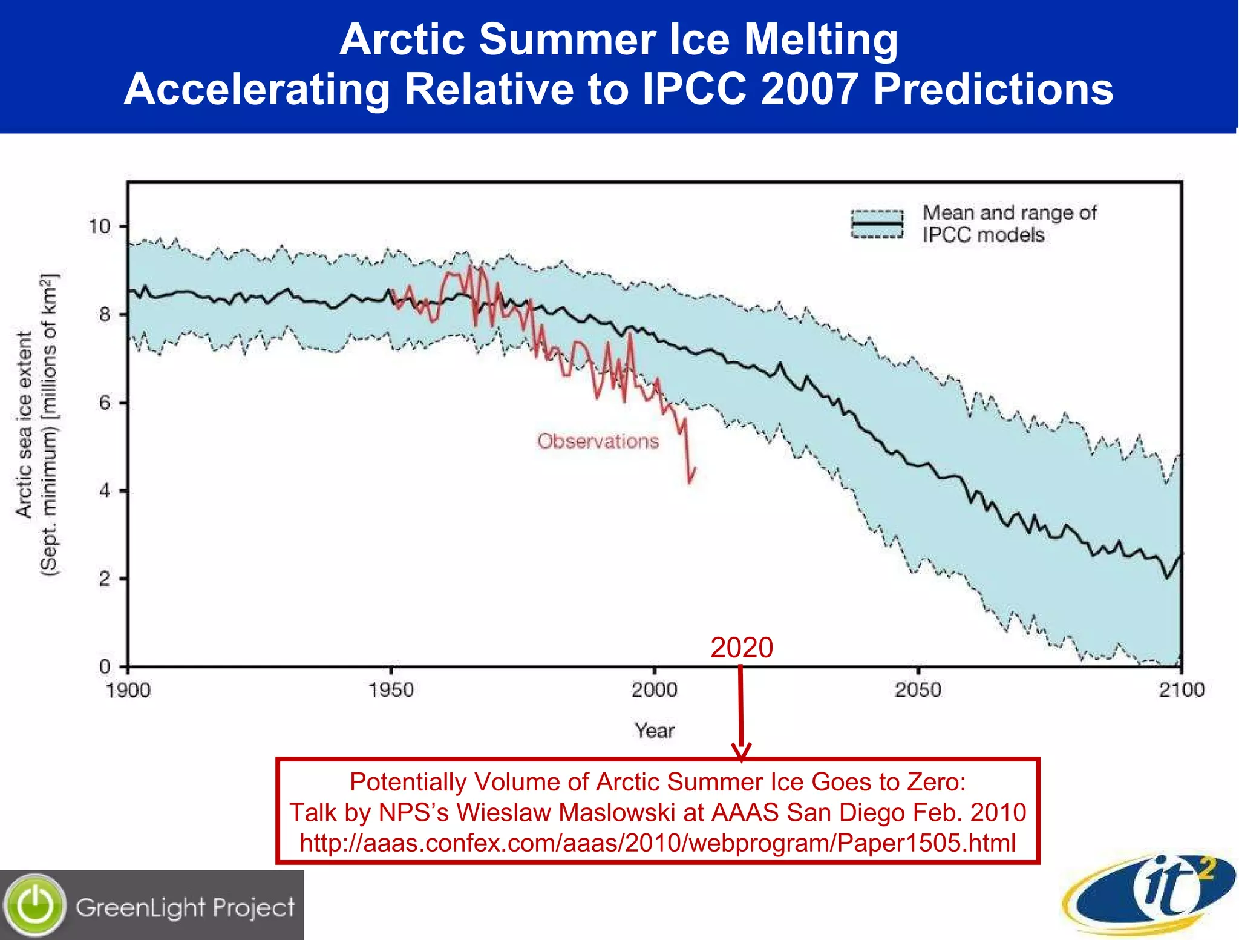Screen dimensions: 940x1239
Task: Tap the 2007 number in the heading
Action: (x=808, y=89)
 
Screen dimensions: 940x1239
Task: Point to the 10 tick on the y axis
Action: (x=100, y=226)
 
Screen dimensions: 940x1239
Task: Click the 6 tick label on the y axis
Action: (x=105, y=403)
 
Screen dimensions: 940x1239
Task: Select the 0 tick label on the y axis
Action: (x=105, y=666)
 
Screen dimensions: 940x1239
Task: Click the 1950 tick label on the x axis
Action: (x=391, y=690)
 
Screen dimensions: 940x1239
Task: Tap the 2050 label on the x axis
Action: (x=918, y=690)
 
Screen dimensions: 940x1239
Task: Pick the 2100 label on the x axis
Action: (x=1181, y=690)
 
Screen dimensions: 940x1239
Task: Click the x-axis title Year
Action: (x=654, y=731)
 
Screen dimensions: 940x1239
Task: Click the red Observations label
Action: (x=598, y=441)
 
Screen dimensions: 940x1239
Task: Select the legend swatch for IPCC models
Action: (x=877, y=225)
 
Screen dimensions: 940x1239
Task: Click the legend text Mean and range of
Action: (x=1009, y=213)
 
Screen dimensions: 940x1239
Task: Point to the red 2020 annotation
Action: (x=741, y=648)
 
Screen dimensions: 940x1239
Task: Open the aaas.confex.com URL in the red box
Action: (x=657, y=843)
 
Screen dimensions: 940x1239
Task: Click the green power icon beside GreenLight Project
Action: (x=35, y=905)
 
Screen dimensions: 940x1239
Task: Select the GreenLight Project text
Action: (x=185, y=907)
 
